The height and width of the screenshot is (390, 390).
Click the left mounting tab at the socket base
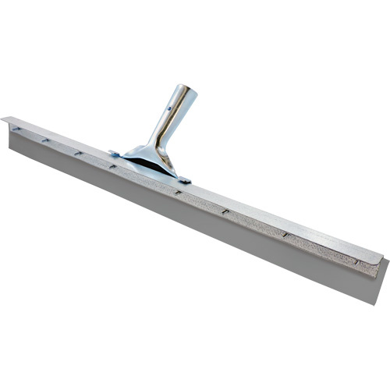point(115,154)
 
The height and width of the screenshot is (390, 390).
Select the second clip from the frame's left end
point(46,141)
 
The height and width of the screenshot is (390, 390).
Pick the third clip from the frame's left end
point(77,153)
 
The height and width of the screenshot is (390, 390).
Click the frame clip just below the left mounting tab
point(113,165)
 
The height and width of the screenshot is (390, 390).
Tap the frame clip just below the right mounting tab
point(179,192)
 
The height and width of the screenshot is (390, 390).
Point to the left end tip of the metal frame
point(4,119)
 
